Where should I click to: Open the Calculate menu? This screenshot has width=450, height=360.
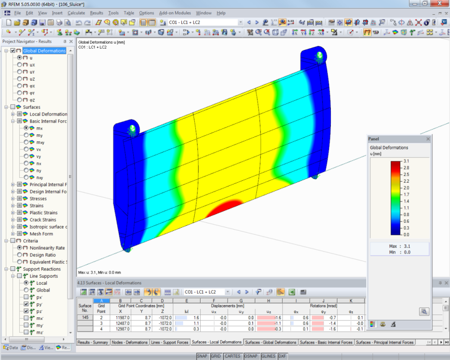[76, 13]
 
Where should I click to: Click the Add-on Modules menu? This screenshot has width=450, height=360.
[175, 13]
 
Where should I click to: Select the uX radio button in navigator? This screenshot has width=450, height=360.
[19, 65]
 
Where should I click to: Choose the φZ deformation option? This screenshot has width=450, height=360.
[19, 100]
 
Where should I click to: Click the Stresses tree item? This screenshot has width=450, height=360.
[38, 198]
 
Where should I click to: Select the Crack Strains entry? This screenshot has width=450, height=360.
[43, 220]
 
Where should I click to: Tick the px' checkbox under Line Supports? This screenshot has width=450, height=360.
[26, 297]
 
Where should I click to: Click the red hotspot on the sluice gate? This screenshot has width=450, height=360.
[224, 208]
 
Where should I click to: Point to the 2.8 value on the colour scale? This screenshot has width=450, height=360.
[406, 168]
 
